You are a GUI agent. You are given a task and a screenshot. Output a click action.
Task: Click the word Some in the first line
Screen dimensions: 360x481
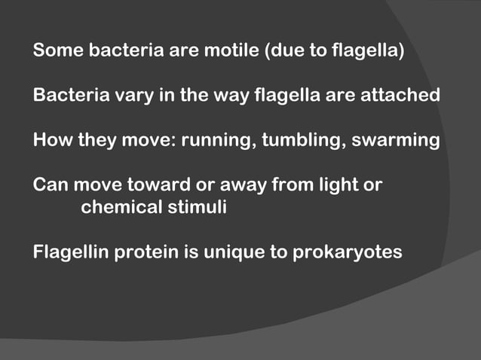(x=58, y=53)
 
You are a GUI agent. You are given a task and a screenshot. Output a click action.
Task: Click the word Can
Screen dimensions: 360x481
(x=50, y=185)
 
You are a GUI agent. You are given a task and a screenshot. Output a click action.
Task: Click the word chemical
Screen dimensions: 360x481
(x=118, y=206)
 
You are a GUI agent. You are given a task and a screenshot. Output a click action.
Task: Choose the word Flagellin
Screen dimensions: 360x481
(x=71, y=251)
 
